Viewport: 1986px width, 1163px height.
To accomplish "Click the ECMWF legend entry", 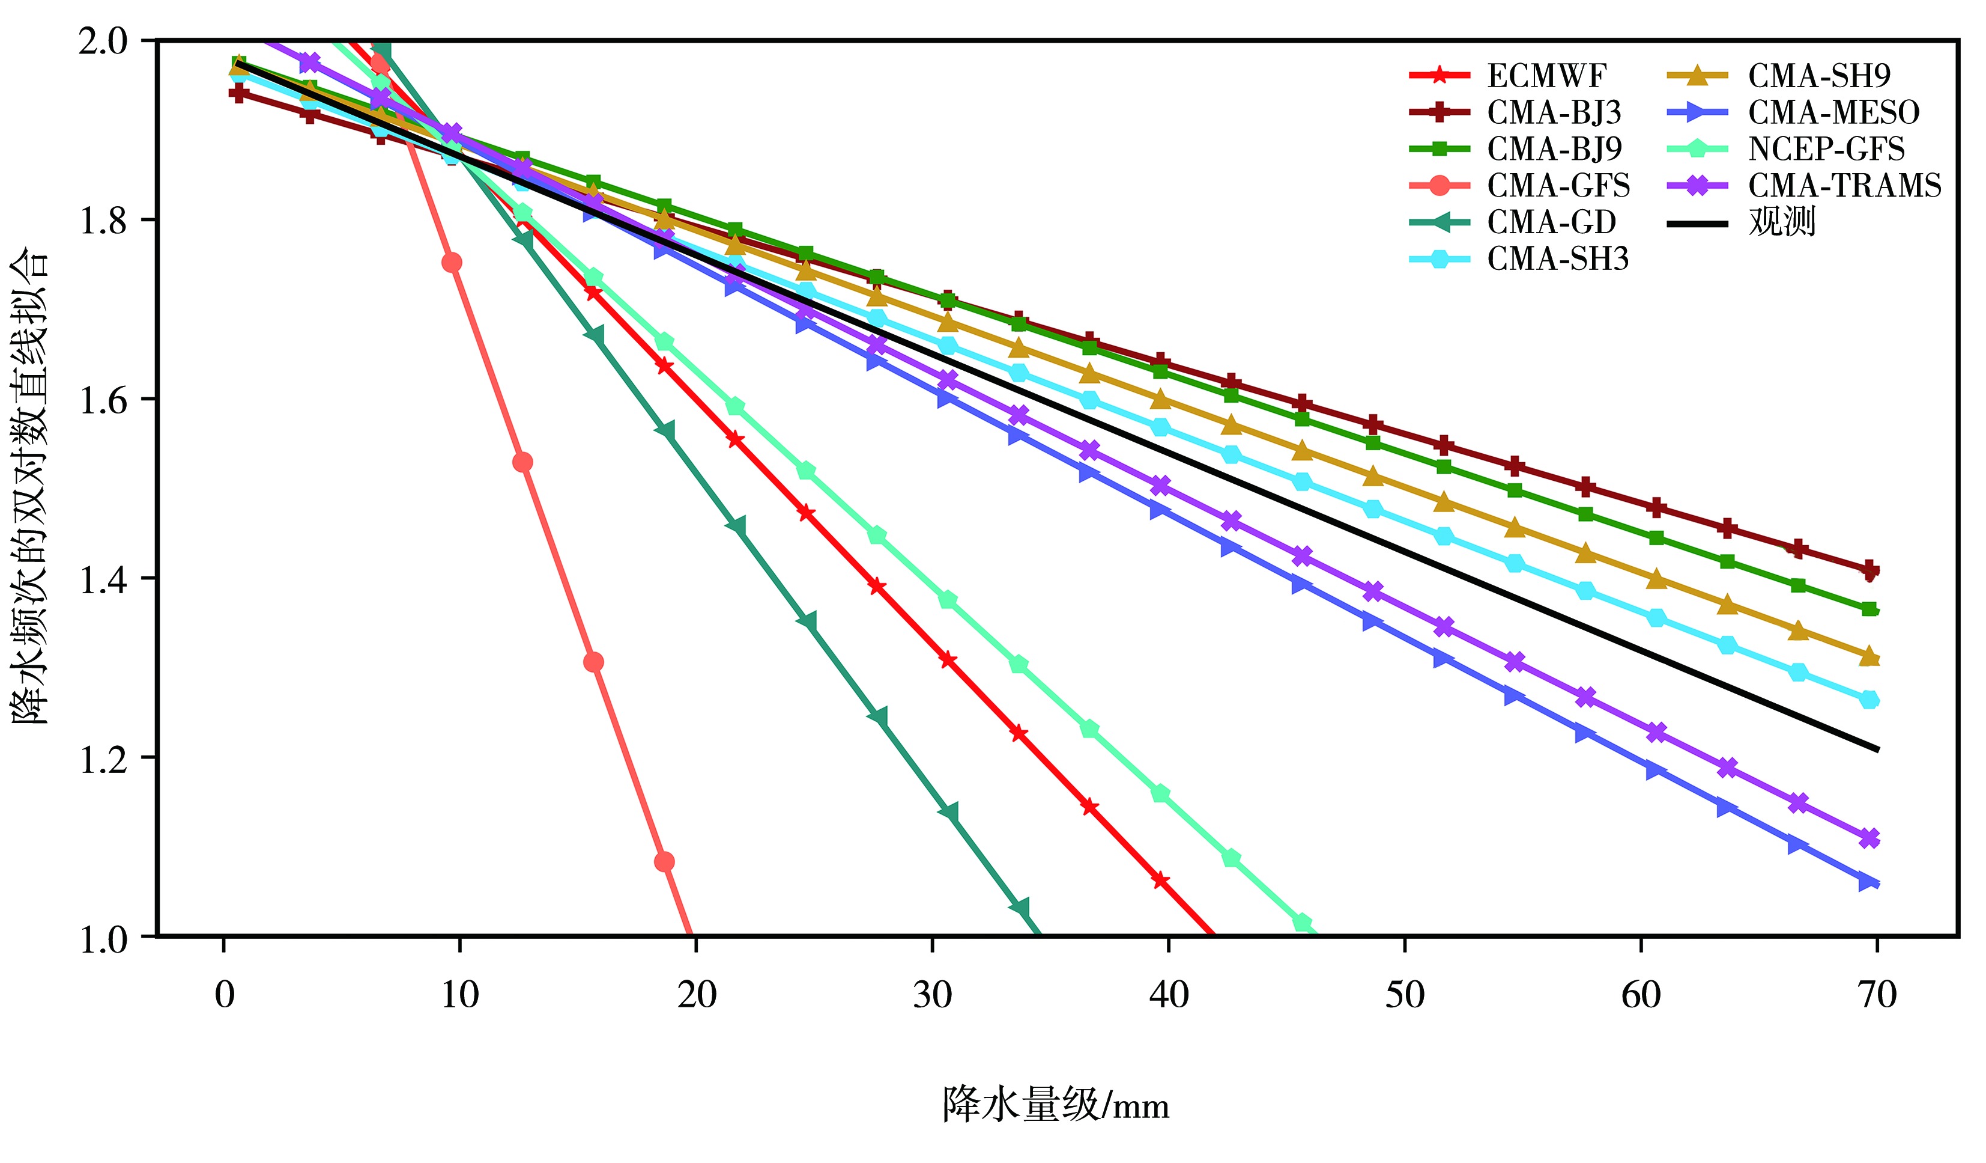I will click(x=1546, y=76).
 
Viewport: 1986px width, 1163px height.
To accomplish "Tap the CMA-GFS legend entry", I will click(x=1558, y=186).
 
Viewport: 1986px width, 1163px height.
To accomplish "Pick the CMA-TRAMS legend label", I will click(x=1844, y=186).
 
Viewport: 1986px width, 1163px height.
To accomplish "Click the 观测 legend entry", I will click(x=1782, y=223).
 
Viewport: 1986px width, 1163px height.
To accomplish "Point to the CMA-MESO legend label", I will click(x=1833, y=113).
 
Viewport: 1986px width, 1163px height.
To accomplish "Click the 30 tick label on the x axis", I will click(x=932, y=996).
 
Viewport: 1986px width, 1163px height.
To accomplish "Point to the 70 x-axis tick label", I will click(x=1877, y=996).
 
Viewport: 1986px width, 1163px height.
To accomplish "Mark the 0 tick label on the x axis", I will click(x=225, y=996).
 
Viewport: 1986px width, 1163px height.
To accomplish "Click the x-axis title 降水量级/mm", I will click(x=1056, y=1105).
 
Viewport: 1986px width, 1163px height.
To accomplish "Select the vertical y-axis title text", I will click(x=30, y=485).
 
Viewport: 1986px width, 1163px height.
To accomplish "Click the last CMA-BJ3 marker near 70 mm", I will click(x=1868, y=570).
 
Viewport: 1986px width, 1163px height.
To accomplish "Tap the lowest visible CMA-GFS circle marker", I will click(x=664, y=862).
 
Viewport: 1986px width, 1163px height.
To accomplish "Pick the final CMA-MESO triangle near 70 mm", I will click(x=1867, y=882).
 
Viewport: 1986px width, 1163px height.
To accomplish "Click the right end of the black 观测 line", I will click(x=1878, y=749).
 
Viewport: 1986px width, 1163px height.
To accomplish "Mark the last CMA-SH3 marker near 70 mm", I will click(x=1868, y=700).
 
